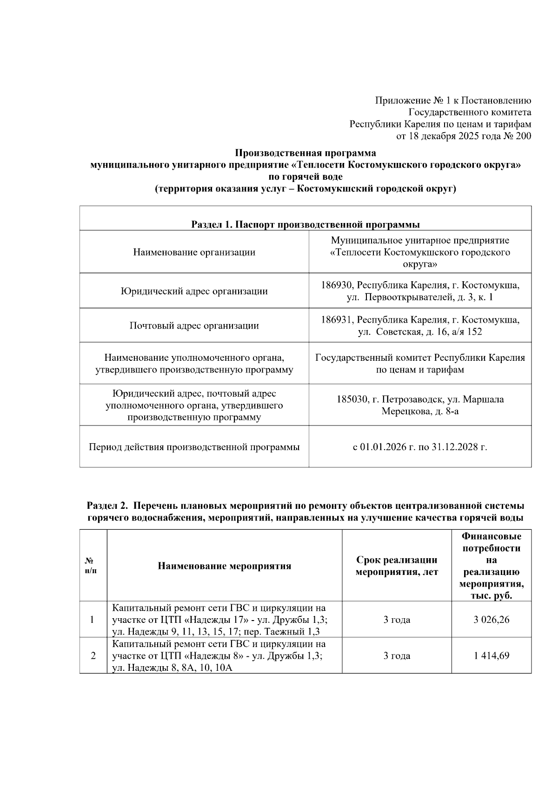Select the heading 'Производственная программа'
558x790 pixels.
tap(305, 153)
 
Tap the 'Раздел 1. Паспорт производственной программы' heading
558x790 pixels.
tap(305, 225)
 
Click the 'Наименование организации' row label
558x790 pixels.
tap(194, 252)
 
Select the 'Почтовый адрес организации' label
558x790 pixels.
tap(194, 325)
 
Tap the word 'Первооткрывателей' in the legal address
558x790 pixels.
tap(404, 297)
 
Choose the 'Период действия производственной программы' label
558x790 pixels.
tap(194, 447)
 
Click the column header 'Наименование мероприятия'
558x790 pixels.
tap(225, 566)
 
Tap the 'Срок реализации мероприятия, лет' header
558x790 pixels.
tap(397, 566)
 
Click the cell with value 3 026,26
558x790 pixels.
tap(491, 620)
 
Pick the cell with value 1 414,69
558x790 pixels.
tap(491, 656)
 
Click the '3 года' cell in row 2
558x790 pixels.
tap(397, 656)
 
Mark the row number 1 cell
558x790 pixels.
tap(93, 620)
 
